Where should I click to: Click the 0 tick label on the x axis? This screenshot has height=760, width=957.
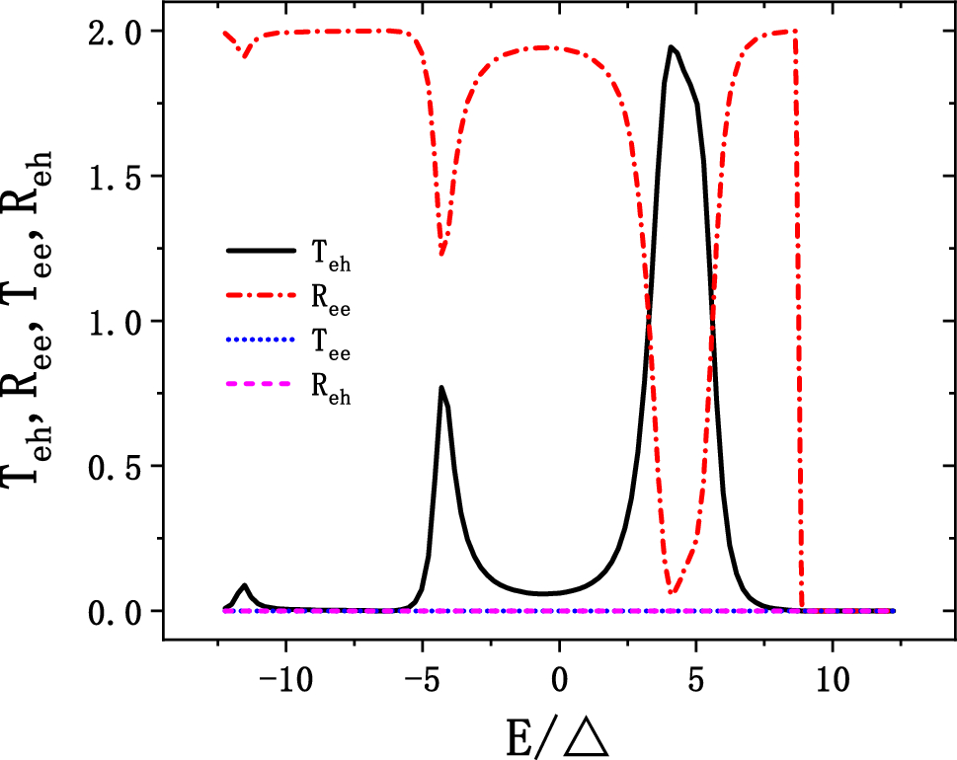pyautogui.click(x=559, y=680)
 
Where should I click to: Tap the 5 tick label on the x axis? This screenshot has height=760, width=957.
pyautogui.click(x=695, y=680)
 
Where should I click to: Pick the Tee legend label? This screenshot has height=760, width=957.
pyautogui.click(x=331, y=347)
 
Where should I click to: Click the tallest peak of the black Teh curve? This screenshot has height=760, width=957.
pyautogui.click(x=671, y=46)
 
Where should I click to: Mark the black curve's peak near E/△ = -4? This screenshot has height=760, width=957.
pyautogui.click(x=441, y=387)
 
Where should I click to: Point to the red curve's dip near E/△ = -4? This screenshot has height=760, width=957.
pyautogui.click(x=441, y=254)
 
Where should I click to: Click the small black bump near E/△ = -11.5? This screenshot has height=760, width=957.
pyautogui.click(x=244, y=585)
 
